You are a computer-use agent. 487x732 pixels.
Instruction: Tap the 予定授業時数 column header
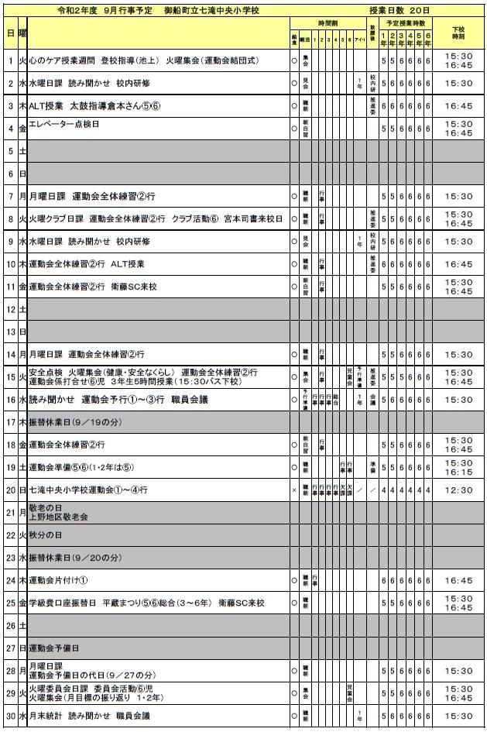(407, 25)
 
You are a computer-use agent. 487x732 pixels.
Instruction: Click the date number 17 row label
(11, 423)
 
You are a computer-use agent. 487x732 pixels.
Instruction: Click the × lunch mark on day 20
(294, 490)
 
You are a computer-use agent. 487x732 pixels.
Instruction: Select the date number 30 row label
(11, 715)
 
